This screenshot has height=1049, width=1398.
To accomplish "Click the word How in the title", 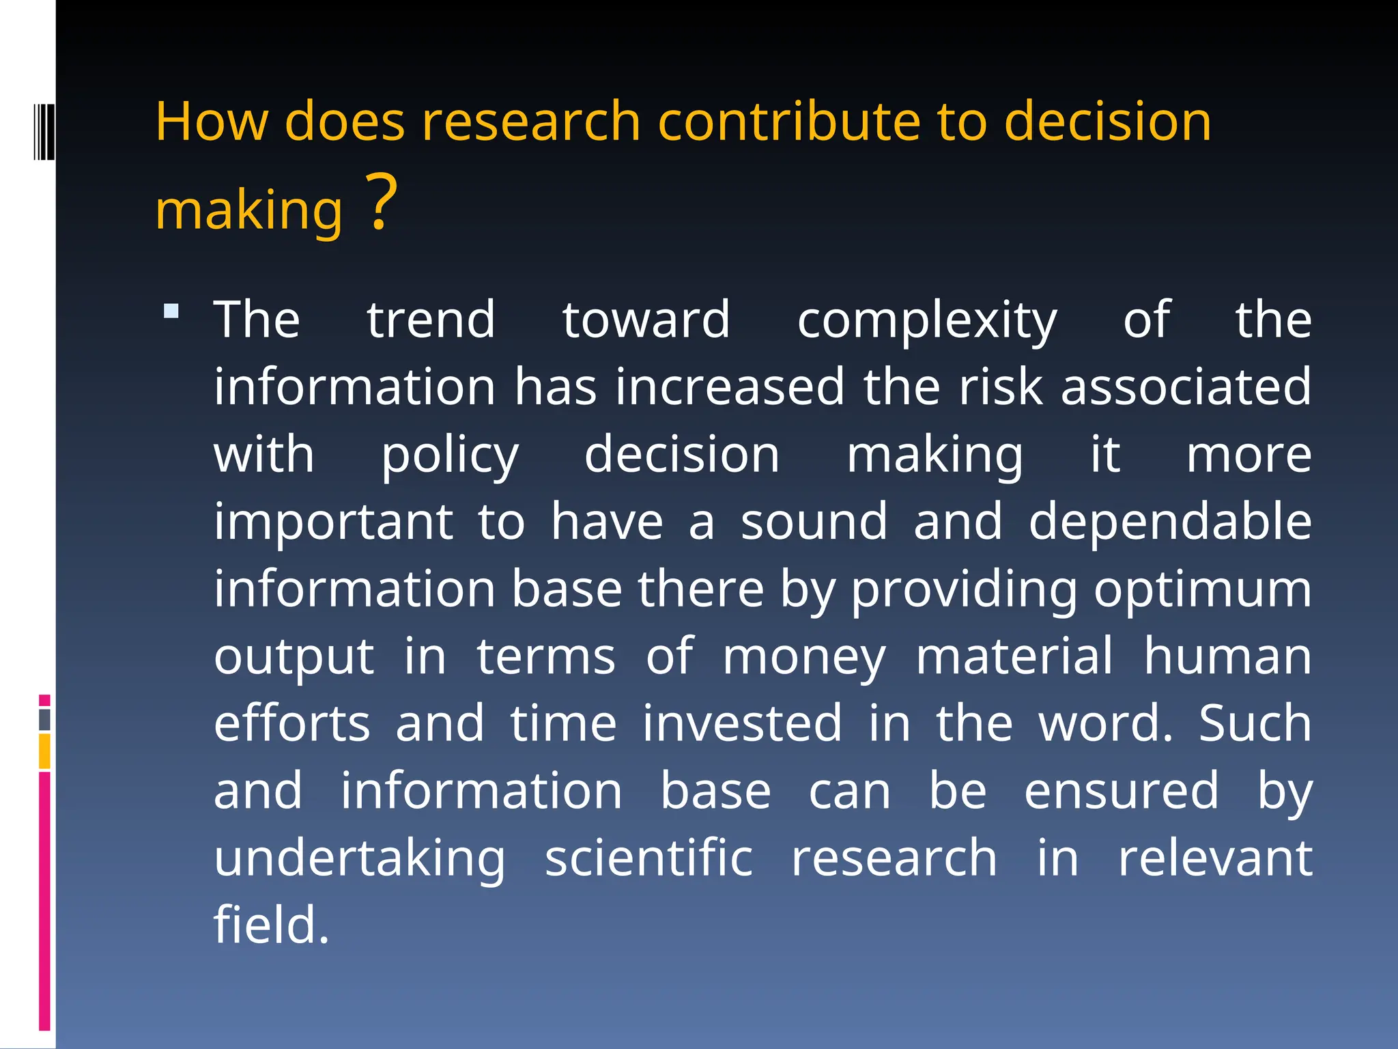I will coord(212,122).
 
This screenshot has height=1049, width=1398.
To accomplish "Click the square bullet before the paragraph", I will coord(171,311).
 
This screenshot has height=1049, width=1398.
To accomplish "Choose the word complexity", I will coord(926,321).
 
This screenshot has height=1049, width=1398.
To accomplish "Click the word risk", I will coord(1001,387).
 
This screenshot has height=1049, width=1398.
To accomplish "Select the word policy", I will coord(449,456).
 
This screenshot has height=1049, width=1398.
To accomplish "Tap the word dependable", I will coord(1169,522).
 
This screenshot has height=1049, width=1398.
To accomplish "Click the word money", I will coord(803,657).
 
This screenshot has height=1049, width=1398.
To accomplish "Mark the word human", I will coord(1227,656).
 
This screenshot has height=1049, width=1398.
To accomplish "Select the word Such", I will coord(1255,723).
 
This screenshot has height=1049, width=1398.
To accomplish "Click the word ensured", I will coord(1121,790).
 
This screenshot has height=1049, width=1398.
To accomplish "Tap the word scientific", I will coord(648,858).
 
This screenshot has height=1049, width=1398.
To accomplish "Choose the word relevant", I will coord(1214,858).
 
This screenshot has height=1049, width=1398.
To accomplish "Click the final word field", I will coord(271,925).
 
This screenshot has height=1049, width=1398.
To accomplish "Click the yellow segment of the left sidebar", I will coord(44,751).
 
